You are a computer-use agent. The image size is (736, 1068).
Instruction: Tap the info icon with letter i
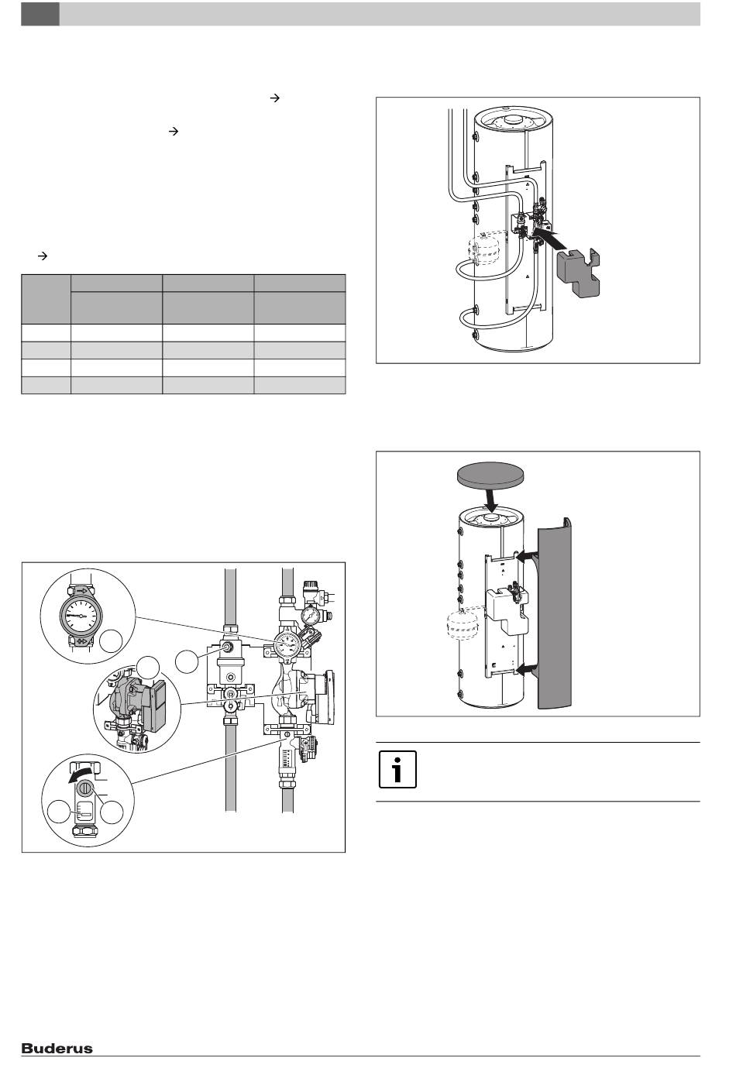tap(397, 770)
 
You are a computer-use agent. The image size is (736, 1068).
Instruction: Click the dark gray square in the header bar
tap(40, 14)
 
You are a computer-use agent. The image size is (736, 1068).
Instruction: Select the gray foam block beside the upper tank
tap(578, 273)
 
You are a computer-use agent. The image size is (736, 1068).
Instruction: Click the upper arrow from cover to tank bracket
tap(528, 555)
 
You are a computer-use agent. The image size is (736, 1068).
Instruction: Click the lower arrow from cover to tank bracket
tap(528, 671)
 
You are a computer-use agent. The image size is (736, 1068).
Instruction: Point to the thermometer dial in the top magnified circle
tap(81, 615)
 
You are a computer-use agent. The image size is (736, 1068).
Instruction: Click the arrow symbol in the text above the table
tap(43, 256)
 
